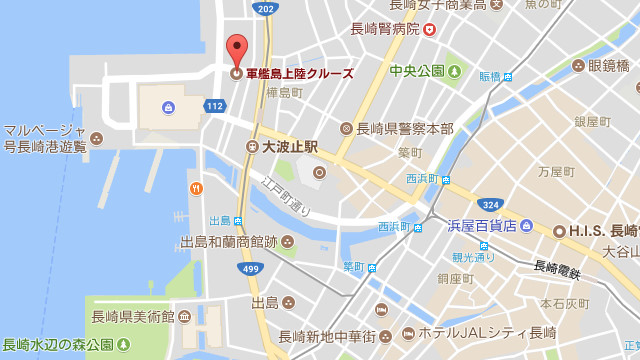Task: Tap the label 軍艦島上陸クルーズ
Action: click(x=299, y=73)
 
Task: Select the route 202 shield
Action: click(x=264, y=9)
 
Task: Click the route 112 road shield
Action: click(x=215, y=105)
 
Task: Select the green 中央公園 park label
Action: click(x=417, y=72)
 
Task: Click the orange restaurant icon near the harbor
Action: click(x=196, y=187)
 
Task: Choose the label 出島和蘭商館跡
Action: click(x=229, y=242)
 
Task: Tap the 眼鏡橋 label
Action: click(x=608, y=66)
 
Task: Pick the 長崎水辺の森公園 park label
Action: click(x=57, y=345)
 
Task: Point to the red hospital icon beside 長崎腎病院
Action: click(x=429, y=30)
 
